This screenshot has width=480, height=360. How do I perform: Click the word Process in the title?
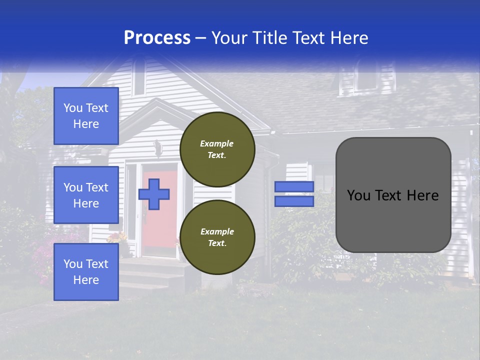[157, 38]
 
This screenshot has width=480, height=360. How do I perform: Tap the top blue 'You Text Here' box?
[86, 116]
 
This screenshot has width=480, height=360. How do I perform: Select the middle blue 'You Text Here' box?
[86, 195]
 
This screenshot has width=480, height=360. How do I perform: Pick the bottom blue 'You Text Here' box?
[86, 271]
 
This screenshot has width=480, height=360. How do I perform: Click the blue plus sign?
[154, 194]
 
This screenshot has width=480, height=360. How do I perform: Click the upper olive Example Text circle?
[217, 149]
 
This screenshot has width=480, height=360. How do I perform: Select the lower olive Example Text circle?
[217, 237]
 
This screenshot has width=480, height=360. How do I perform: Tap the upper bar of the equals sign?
[294, 186]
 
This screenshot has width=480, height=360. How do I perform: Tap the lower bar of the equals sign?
[294, 201]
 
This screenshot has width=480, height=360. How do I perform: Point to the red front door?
[160, 220]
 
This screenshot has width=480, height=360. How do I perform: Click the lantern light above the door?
[157, 148]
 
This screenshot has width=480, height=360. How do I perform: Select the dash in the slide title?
[201, 38]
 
